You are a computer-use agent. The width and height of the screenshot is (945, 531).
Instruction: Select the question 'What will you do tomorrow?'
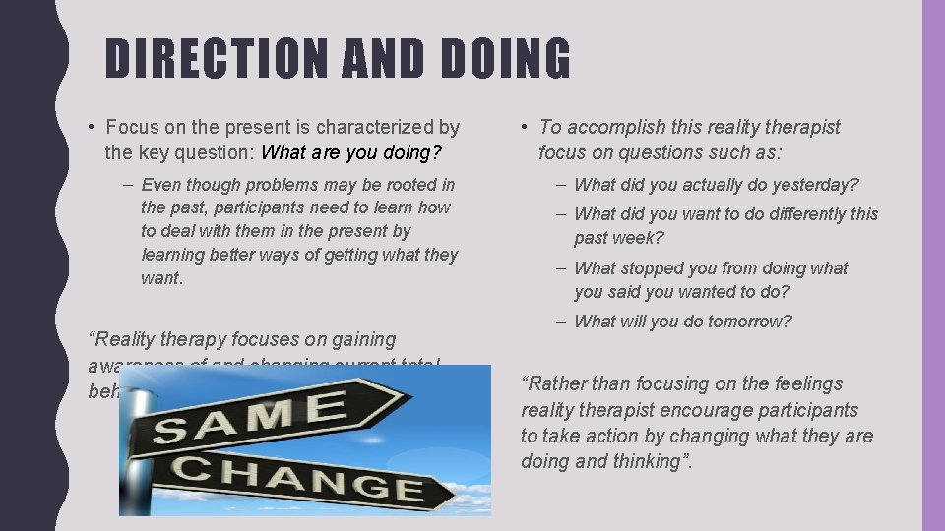pos(682,322)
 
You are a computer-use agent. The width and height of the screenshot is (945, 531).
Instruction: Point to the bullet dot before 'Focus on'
pos(91,127)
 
